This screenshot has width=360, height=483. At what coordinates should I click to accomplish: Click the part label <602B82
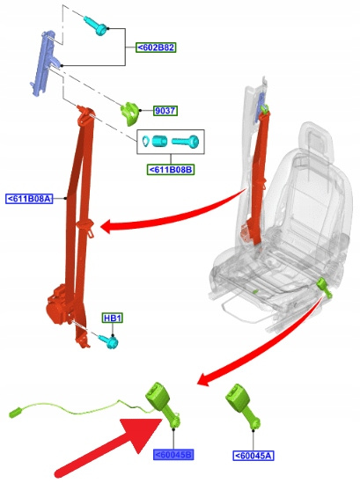[x=156, y=48]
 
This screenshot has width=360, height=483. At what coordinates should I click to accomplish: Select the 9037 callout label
[x=165, y=111]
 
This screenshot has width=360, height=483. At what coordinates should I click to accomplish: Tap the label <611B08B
[x=171, y=170]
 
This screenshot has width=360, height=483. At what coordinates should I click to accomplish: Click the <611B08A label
[x=29, y=198]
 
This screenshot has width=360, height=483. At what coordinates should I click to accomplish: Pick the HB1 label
[x=113, y=318]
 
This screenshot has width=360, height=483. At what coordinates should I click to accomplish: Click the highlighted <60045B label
[x=173, y=455]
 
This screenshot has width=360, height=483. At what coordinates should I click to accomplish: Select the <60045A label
[x=253, y=455]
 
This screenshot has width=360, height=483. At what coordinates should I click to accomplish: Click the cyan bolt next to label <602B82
[x=96, y=26]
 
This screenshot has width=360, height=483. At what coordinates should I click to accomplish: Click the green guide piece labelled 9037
[x=129, y=114]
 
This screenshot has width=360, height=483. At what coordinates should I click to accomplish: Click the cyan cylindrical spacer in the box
[x=159, y=141]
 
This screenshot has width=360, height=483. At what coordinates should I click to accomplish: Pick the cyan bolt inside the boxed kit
[x=186, y=142]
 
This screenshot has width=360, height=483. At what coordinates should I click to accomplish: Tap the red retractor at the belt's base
[x=59, y=305]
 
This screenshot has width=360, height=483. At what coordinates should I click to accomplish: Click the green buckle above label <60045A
[x=243, y=406]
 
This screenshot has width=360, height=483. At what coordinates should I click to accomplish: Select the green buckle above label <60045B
[x=163, y=404]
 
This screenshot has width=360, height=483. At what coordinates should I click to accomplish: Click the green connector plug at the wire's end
[x=15, y=413]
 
